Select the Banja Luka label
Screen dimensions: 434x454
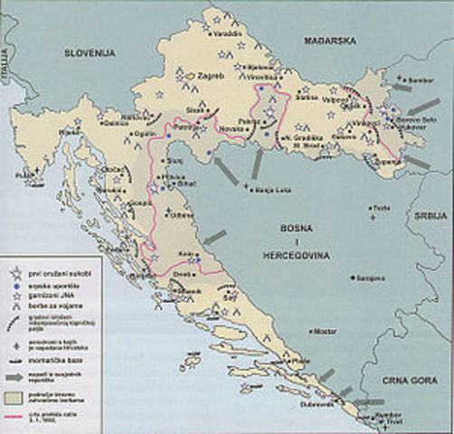pos(270,189)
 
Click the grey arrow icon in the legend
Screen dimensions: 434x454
pos(14,371)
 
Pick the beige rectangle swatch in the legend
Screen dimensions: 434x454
pos(14,395)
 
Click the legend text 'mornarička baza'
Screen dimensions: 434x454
pos(60,356)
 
